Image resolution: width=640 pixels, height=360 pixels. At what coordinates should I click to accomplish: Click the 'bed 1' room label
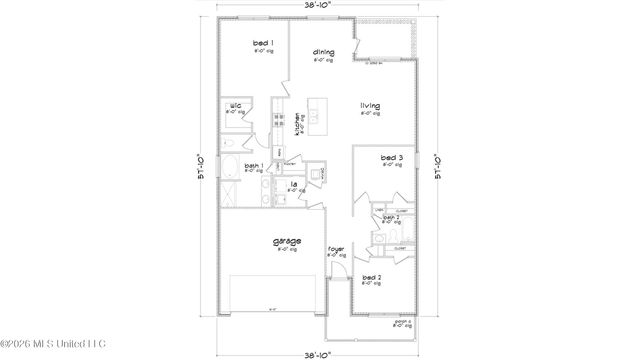(x=263, y=45)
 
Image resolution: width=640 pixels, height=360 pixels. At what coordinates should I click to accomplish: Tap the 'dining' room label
(x=322, y=52)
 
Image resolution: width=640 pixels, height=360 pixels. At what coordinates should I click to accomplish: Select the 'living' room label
(x=371, y=106)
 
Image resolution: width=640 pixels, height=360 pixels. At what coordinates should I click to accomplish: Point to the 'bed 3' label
(x=391, y=158)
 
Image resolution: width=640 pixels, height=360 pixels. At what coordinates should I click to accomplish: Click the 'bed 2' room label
(x=370, y=277)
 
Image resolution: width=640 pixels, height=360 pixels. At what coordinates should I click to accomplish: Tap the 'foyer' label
(x=335, y=253)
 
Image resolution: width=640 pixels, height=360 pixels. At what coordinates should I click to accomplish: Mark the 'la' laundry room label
(x=294, y=185)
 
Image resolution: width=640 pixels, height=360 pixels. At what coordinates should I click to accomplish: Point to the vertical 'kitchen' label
(x=297, y=123)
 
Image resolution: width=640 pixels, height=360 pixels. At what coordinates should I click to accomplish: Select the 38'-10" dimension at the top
(x=319, y=6)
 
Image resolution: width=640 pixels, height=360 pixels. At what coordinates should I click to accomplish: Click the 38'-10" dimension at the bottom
(x=319, y=353)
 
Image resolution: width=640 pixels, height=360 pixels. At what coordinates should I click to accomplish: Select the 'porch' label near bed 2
(x=403, y=322)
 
